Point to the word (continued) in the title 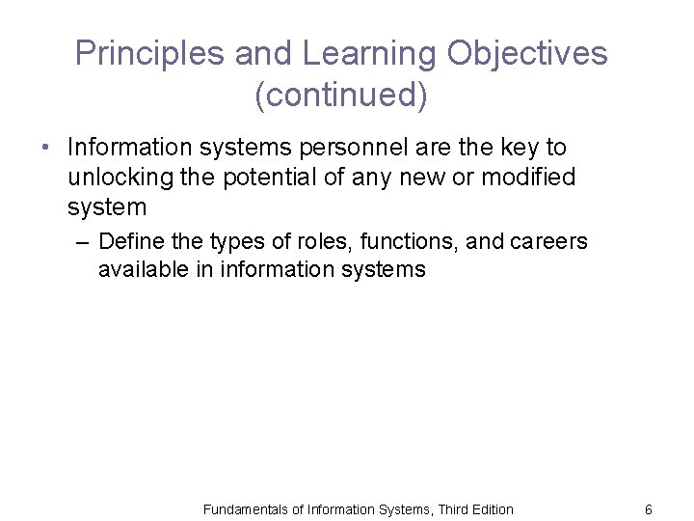click(341, 96)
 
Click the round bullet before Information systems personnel click(44, 149)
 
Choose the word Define click(129, 240)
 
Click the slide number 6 click(649, 509)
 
